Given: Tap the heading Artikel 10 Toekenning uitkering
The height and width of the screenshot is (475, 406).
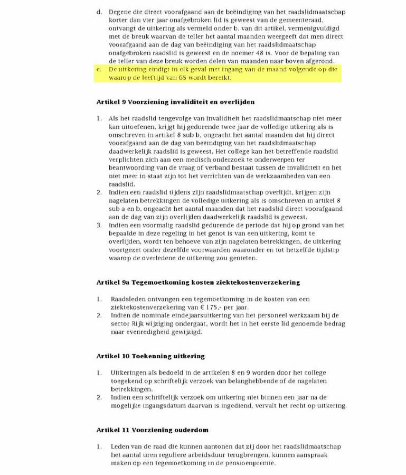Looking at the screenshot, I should [150, 356].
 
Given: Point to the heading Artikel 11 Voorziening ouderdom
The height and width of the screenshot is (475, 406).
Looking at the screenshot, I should [152, 430].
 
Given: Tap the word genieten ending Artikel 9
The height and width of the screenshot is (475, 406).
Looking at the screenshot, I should [241, 258].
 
